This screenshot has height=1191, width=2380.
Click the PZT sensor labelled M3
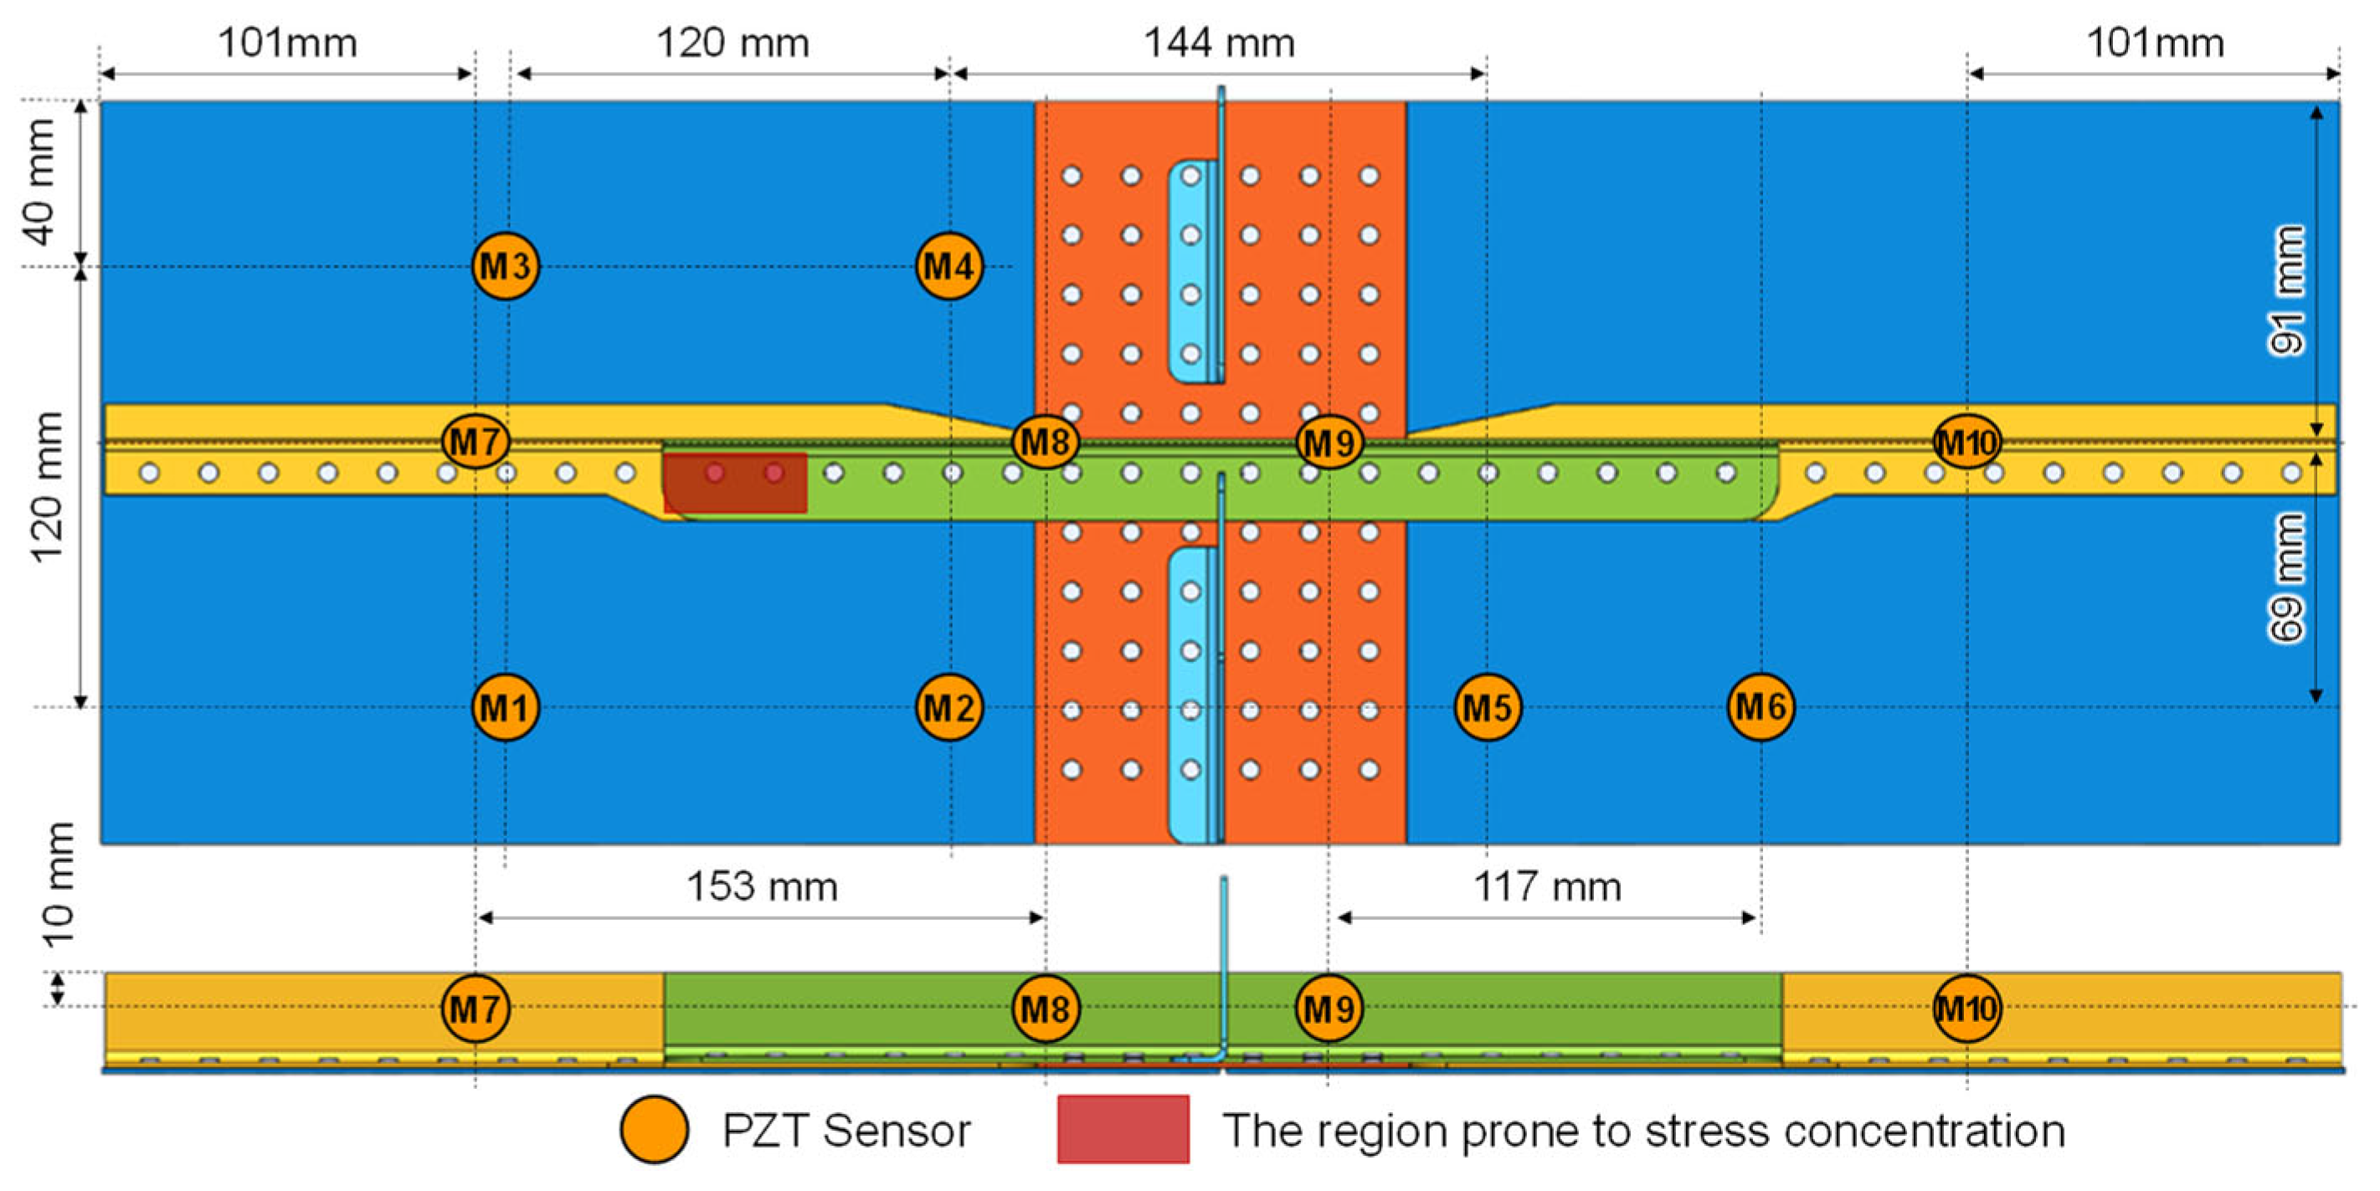tap(505, 266)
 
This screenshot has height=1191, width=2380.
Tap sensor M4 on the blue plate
tap(948, 266)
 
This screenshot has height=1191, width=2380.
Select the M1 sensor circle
tap(505, 708)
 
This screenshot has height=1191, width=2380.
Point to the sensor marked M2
tap(948, 708)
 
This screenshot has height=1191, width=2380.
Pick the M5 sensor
tap(1488, 708)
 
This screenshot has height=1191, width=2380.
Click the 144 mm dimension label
tap(1219, 44)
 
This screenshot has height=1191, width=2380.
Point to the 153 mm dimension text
tap(763, 887)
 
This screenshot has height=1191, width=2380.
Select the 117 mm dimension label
tap(1547, 887)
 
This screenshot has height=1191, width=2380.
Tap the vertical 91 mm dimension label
tap(2287, 291)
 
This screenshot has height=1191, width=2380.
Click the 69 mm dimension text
tap(2287, 578)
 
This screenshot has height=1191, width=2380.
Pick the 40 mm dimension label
tap(41, 182)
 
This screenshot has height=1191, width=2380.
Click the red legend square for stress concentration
tap(1123, 1129)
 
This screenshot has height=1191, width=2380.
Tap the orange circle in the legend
tap(654, 1129)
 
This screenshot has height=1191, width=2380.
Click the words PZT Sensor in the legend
tap(846, 1131)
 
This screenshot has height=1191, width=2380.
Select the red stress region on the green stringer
tap(736, 482)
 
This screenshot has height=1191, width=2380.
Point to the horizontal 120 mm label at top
tap(732, 44)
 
